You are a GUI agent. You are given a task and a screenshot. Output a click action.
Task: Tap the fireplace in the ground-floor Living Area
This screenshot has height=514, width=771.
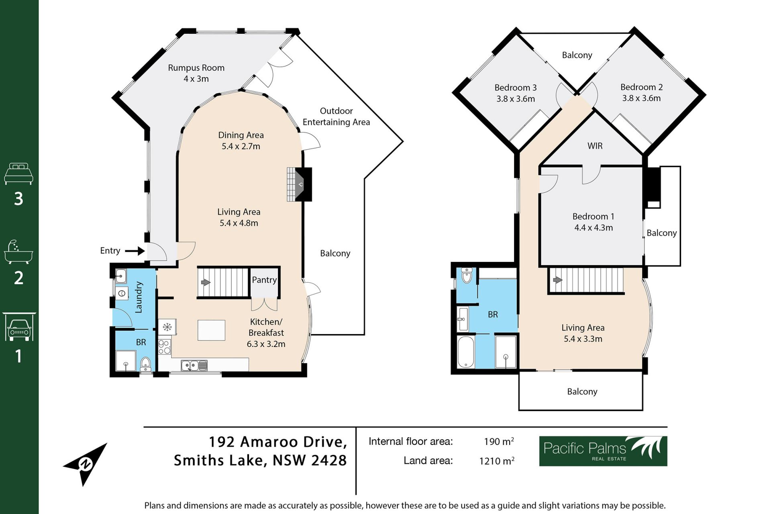click(300, 184)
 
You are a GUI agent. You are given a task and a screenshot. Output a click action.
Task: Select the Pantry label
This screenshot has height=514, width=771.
click(264, 280)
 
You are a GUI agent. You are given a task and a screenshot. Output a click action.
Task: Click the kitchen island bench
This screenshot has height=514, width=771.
click(211, 330)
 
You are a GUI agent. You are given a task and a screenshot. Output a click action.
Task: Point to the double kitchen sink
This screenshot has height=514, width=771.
click(194, 365)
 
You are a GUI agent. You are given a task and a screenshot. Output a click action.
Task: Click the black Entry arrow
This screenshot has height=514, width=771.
click(135, 251)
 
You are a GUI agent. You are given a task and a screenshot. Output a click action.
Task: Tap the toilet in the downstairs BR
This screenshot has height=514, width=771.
click(145, 364)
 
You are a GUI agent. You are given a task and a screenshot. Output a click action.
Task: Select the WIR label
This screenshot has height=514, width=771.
click(595, 146)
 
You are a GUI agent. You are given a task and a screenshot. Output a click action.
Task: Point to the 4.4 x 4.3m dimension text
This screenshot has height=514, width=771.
click(594, 228)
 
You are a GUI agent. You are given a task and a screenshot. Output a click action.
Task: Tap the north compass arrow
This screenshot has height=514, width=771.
click(85, 465)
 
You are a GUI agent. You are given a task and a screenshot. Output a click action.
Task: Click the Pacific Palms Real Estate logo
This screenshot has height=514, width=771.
click(603, 451)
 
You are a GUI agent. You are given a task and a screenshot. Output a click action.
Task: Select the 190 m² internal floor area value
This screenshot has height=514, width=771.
click(499, 441)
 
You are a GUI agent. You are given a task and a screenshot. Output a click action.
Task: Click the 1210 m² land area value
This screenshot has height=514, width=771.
click(497, 461)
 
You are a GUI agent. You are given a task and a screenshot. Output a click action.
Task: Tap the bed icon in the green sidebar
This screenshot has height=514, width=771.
click(18, 173)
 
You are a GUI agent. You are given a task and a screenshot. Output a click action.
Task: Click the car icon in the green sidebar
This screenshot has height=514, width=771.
click(19, 327)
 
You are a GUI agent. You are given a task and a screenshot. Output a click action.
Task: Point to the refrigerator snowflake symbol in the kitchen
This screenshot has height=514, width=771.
click(167, 327)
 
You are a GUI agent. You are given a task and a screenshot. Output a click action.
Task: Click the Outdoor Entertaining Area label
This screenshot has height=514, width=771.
click(336, 116)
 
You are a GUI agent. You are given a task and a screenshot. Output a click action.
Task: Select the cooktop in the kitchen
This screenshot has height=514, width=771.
click(164, 347)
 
